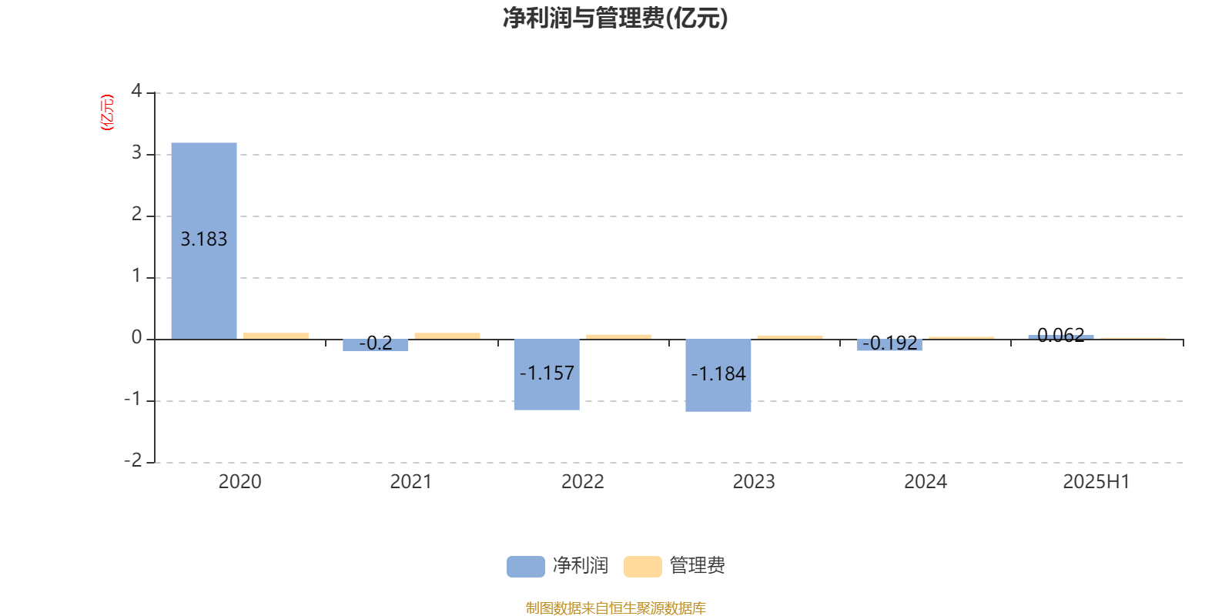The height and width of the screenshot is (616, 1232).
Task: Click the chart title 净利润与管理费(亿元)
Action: point(615,18)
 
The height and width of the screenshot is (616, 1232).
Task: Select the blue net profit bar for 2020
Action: point(204,241)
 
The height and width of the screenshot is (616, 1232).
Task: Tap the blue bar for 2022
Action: point(547,374)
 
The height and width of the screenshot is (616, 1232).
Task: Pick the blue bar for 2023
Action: point(718,376)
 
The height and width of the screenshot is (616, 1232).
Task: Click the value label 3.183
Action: point(204,239)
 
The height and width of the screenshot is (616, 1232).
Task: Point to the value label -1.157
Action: point(547,373)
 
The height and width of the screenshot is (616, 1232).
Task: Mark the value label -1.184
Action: point(718,374)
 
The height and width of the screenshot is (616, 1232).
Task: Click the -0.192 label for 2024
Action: point(890,343)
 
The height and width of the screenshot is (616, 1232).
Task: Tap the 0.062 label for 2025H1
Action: point(1061,335)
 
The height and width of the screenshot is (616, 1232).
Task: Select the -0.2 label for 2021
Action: point(376,343)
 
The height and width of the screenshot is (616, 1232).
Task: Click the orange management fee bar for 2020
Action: point(276,336)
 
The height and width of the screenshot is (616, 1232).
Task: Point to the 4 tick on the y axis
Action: point(136,91)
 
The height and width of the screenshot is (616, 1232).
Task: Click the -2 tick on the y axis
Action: point(133,460)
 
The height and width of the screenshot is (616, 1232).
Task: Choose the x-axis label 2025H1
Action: point(1096,482)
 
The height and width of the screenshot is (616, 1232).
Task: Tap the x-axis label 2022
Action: point(582,482)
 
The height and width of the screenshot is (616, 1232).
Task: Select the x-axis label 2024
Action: point(925,482)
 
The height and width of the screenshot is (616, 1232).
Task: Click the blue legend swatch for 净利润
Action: point(526,567)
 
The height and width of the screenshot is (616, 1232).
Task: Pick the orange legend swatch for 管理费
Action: point(642,567)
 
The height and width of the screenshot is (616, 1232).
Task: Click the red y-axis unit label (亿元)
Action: point(107,112)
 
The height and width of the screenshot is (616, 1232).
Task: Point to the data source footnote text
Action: point(615,608)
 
